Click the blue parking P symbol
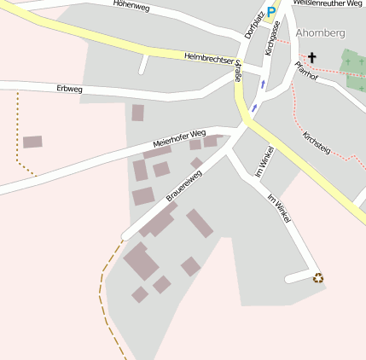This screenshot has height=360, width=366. [x=271, y=12]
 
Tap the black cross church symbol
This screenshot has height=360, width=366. [x=312, y=58]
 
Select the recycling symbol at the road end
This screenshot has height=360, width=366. [x=318, y=277]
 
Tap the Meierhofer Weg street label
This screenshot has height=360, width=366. [x=180, y=139]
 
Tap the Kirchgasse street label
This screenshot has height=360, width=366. [x=272, y=39]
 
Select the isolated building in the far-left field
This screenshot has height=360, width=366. [x=32, y=142]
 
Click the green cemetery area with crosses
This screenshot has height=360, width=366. [x=352, y=66]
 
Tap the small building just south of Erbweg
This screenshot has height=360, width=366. [x=137, y=113]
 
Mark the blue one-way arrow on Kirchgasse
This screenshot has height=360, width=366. [x=263, y=83]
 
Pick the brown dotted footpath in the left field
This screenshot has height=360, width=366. [x=18, y=128]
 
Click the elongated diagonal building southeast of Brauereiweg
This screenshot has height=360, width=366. [x=200, y=224]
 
